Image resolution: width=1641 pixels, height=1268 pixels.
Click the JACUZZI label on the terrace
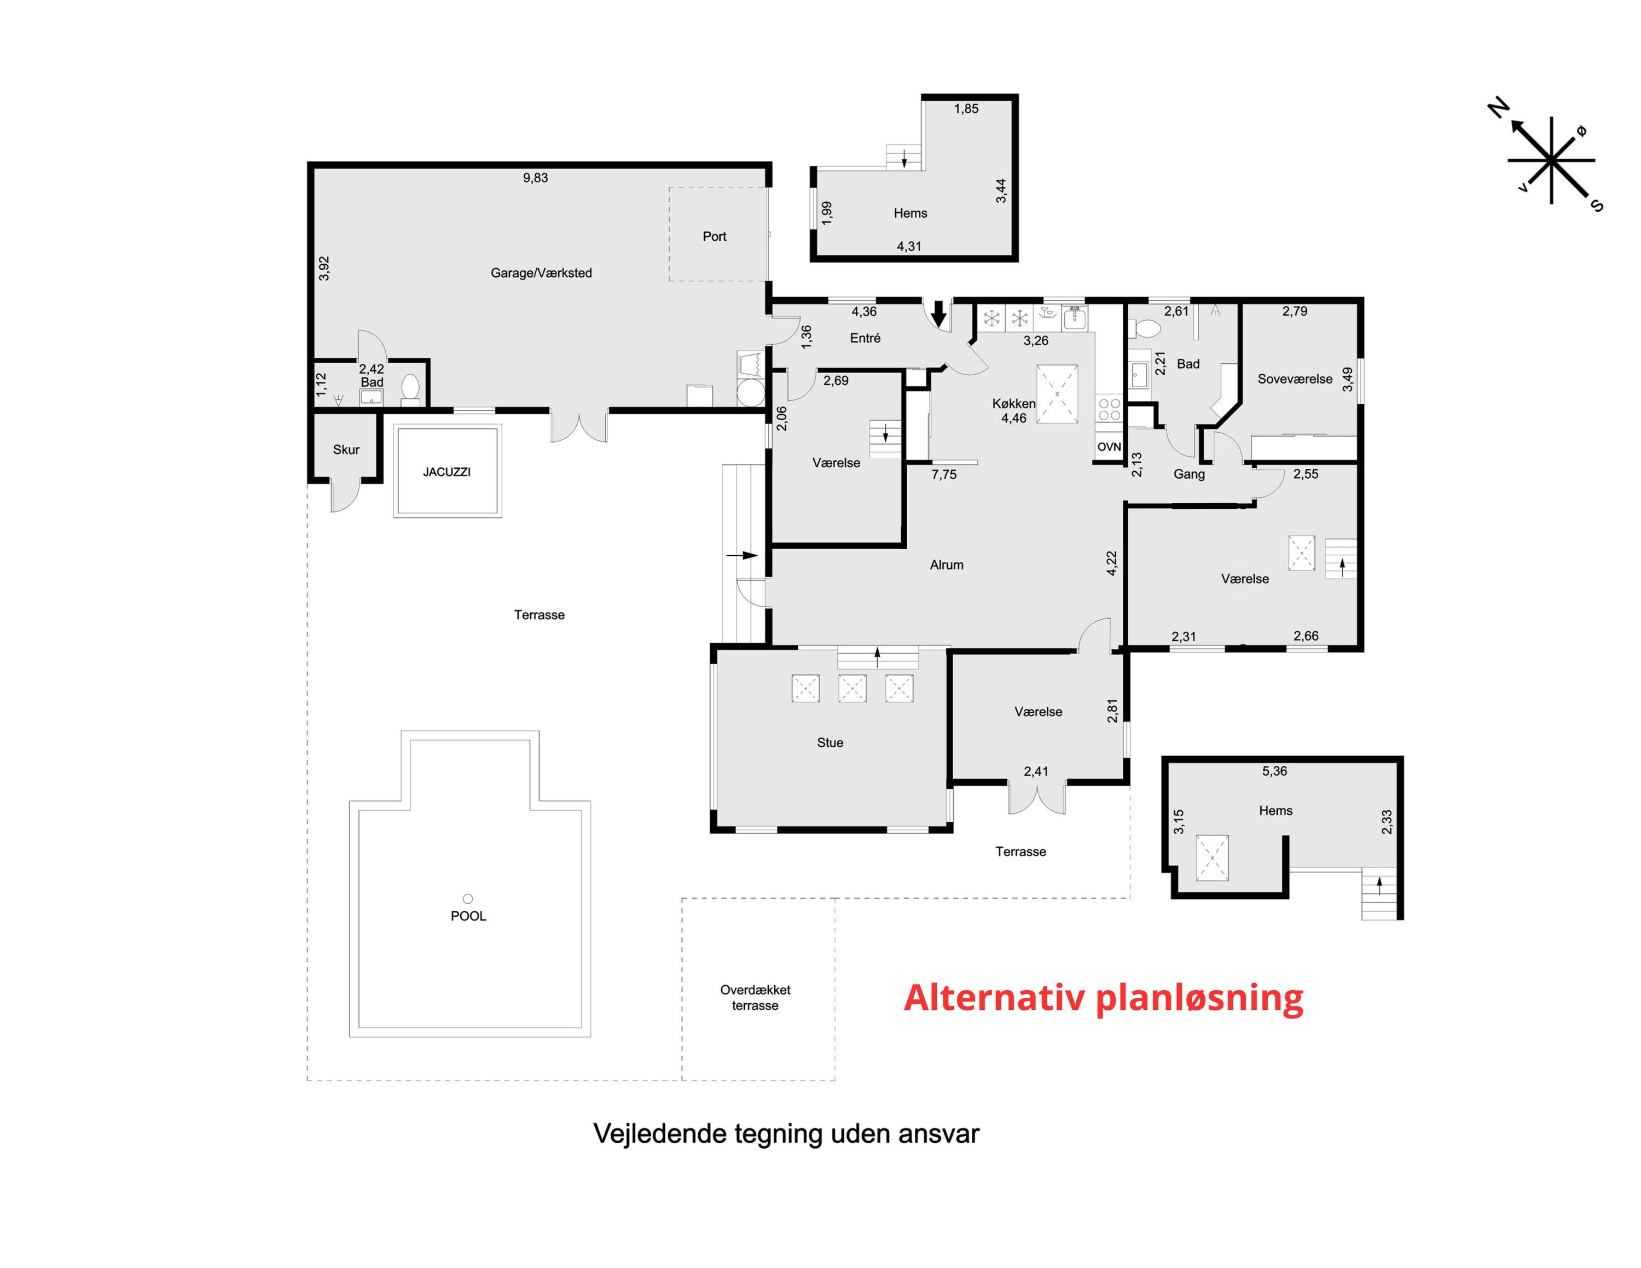point(447,472)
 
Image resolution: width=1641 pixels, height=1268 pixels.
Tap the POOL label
point(468,916)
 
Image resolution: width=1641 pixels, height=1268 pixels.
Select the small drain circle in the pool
point(467,898)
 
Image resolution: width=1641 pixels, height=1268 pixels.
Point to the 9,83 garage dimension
point(536,178)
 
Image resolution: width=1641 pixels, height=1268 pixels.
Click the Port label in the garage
point(715,237)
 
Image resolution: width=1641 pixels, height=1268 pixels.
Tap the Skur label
point(346,449)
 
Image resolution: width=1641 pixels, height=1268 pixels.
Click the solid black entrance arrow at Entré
point(938,313)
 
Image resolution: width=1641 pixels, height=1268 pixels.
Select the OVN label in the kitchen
point(1109,447)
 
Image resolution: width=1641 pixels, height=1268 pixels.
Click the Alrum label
point(947,565)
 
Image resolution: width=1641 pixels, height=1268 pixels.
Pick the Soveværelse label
point(1295,379)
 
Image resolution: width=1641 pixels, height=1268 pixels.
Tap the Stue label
point(830,743)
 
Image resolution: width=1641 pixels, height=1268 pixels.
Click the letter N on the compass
point(1498,109)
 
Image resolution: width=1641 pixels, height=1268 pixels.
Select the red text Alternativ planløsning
point(1103,998)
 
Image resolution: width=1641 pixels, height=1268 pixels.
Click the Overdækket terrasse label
point(755,998)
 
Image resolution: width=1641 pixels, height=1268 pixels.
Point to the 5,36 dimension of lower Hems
point(1275,771)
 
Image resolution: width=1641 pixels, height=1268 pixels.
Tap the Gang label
point(1190,474)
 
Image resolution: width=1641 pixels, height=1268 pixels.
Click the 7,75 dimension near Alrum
point(944,475)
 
